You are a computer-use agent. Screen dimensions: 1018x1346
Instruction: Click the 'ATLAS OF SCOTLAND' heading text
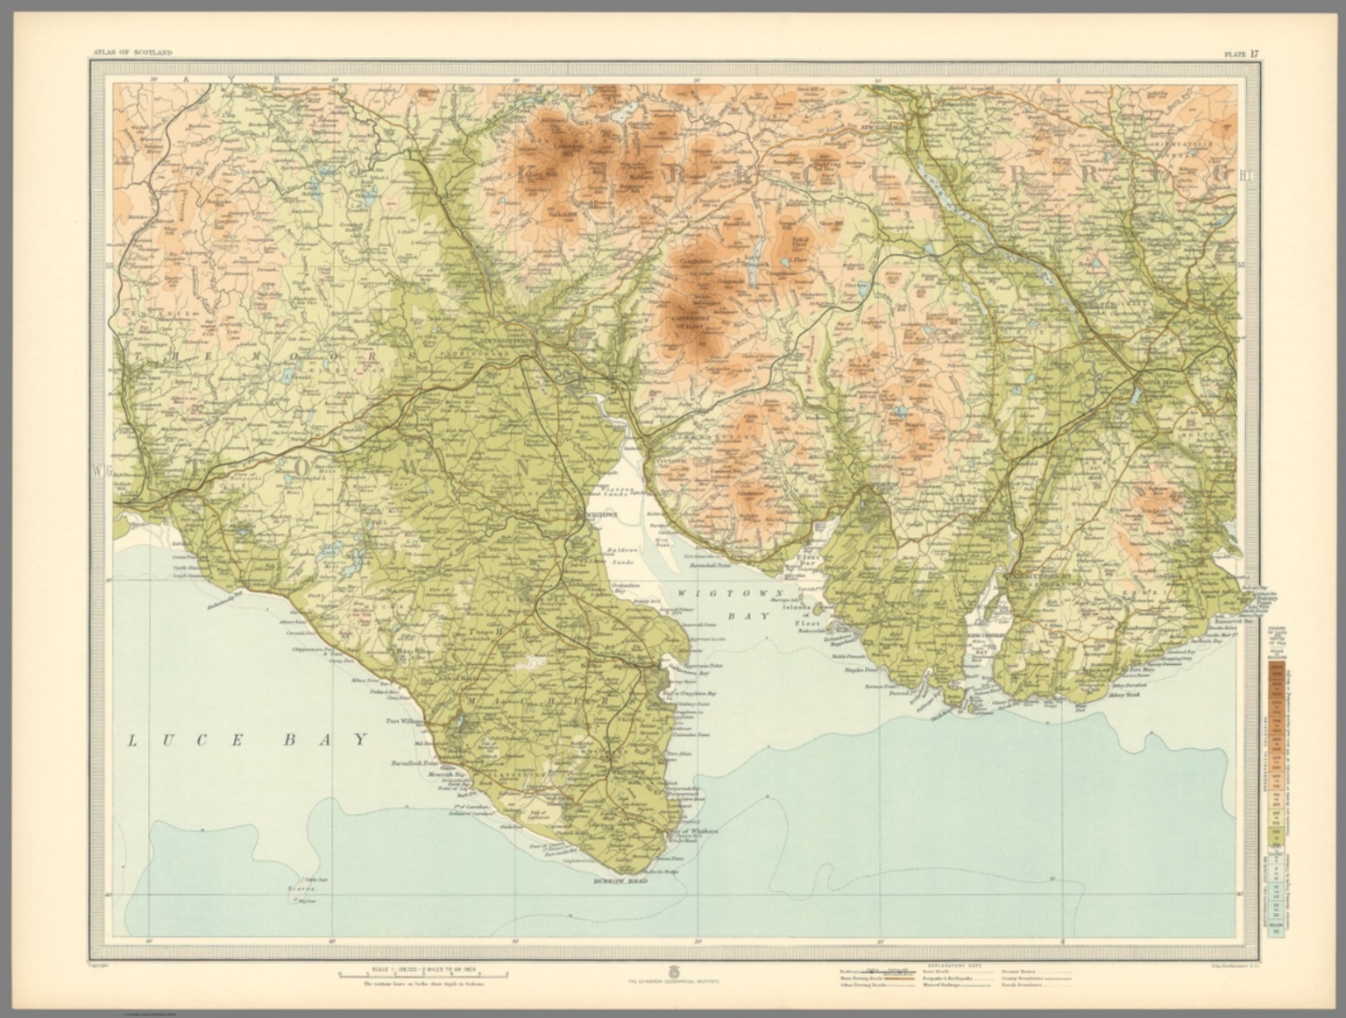click(131, 53)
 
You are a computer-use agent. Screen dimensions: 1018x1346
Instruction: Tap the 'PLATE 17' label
click(1242, 53)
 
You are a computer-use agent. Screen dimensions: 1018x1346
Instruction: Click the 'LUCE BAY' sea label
click(248, 741)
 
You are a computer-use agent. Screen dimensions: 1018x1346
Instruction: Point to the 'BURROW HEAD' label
click(620, 880)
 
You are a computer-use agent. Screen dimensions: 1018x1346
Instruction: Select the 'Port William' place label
click(405, 722)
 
